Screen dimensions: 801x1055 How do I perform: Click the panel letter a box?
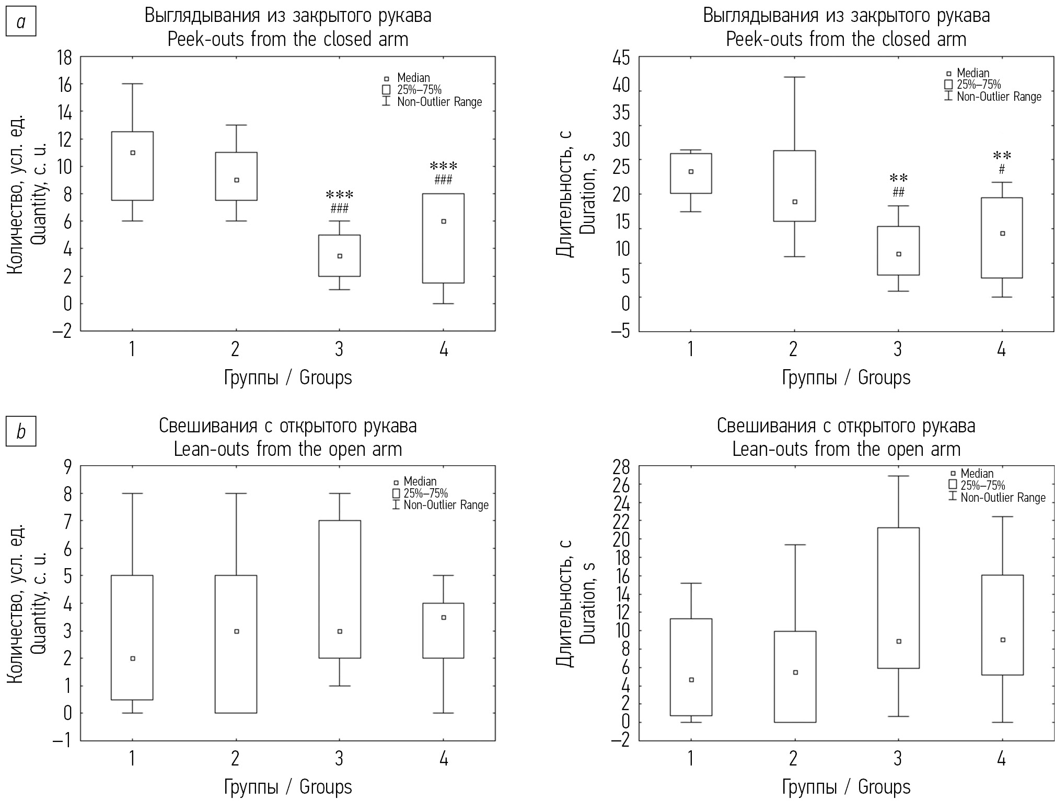pyautogui.click(x=21, y=22)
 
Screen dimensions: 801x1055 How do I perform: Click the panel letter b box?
pyautogui.click(x=21, y=432)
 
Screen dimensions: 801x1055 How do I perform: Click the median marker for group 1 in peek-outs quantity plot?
pyautogui.click(x=133, y=153)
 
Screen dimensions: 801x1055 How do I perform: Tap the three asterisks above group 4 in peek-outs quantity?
pyautogui.click(x=443, y=167)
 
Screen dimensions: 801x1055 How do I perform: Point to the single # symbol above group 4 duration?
pyautogui.click(x=1002, y=170)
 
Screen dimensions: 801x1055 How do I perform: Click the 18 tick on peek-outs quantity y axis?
pyautogui.click(x=64, y=57)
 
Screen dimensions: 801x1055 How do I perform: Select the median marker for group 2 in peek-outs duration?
pyautogui.click(x=795, y=202)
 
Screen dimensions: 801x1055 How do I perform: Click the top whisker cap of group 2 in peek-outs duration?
pyautogui.click(x=795, y=77)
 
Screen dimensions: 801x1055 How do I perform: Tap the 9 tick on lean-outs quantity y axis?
pyautogui.click(x=68, y=466)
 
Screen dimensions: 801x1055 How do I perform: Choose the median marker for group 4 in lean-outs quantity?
pyautogui.click(x=444, y=618)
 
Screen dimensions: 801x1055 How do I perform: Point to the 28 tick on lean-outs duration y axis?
pyautogui.click(x=622, y=466)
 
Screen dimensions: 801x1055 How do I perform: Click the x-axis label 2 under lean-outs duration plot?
pyautogui.click(x=794, y=758)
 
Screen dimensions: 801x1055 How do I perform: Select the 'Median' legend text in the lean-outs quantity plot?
pyautogui.click(x=420, y=481)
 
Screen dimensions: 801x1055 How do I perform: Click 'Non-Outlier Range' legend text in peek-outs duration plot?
pyautogui.click(x=999, y=97)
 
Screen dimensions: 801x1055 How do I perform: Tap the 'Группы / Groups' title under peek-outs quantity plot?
pyautogui.click(x=288, y=378)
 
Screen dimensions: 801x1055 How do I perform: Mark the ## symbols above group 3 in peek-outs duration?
pyautogui.click(x=898, y=193)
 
